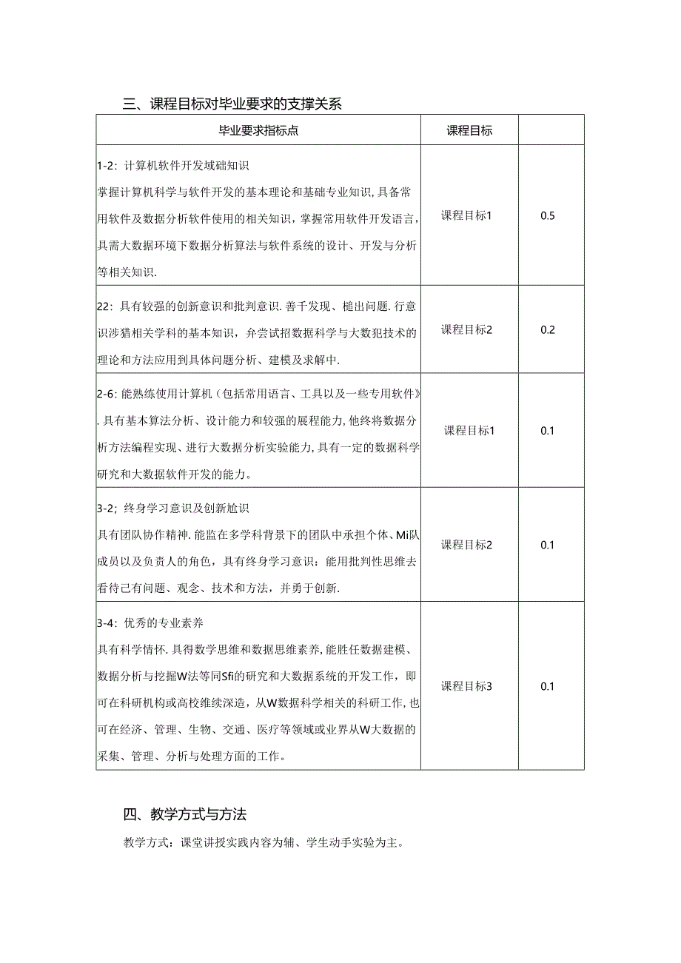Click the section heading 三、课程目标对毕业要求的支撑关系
point(232,104)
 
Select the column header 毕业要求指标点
point(258,131)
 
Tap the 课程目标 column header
point(469,131)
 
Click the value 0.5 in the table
point(548,216)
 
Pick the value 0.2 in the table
point(548,330)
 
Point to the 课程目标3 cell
point(467,686)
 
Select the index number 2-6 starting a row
point(105,392)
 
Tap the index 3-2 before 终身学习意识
point(105,509)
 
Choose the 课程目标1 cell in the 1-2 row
point(467,216)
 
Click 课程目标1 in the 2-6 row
point(469,431)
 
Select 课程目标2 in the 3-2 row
point(467,545)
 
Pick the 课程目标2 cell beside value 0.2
point(467,330)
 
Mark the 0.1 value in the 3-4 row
point(548,686)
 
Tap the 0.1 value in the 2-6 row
point(548,431)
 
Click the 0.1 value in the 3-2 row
point(548,545)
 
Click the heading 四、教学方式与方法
point(185,815)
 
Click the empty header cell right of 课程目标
point(551,130)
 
